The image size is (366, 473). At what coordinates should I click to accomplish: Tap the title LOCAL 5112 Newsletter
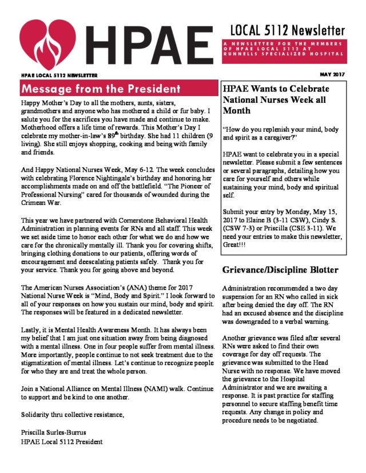288,30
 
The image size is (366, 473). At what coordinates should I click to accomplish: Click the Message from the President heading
100,89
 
